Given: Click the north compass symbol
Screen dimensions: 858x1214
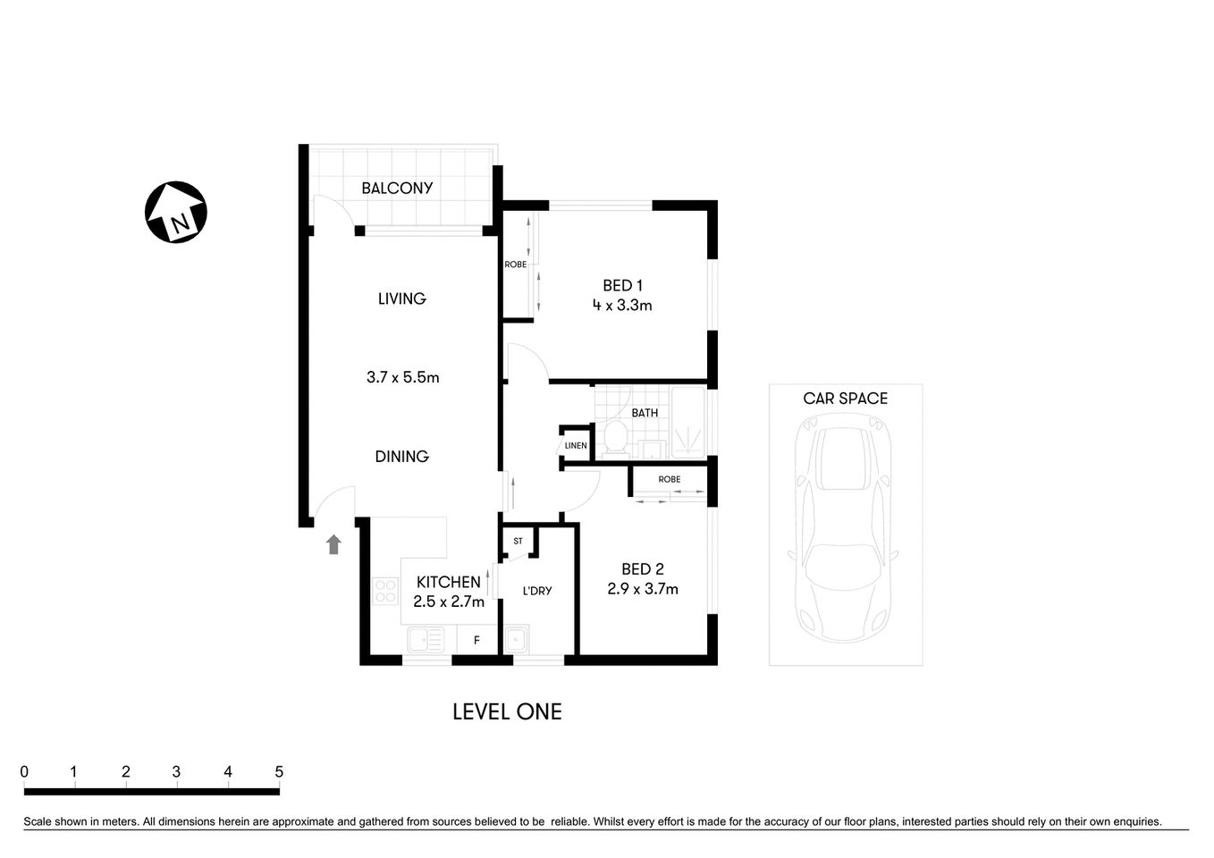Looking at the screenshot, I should (x=176, y=212).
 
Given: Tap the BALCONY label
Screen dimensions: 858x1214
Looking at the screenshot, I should (x=397, y=188).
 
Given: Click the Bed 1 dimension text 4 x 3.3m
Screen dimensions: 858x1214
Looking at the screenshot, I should (x=621, y=306).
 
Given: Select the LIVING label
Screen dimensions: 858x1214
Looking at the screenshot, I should (x=401, y=299).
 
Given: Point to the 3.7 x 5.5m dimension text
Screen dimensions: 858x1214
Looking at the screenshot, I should (x=402, y=377).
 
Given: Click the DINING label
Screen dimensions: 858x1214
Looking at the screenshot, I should (x=401, y=456).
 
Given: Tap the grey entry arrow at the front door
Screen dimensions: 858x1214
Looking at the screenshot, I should (x=333, y=544).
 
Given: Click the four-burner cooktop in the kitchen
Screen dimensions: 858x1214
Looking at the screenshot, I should (x=385, y=590).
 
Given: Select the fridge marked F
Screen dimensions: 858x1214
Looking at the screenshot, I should (x=476, y=640).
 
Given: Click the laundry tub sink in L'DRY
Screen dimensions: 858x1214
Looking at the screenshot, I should (x=516, y=640).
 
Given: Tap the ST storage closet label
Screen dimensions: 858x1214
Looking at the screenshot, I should (x=518, y=541).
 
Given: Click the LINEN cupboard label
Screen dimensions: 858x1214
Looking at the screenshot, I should (x=576, y=445).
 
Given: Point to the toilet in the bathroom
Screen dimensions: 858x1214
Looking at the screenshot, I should (x=614, y=438).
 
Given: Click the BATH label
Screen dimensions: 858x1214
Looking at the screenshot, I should (x=645, y=412).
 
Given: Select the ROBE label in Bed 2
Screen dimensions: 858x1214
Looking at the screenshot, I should (x=669, y=479).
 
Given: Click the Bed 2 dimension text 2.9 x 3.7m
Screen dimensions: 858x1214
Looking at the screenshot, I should (x=642, y=589).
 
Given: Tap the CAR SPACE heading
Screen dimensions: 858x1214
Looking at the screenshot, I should (x=845, y=399).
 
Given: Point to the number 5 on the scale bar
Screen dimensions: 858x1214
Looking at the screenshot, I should (x=279, y=771).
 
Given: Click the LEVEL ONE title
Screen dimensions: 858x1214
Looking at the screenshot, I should (x=507, y=711).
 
